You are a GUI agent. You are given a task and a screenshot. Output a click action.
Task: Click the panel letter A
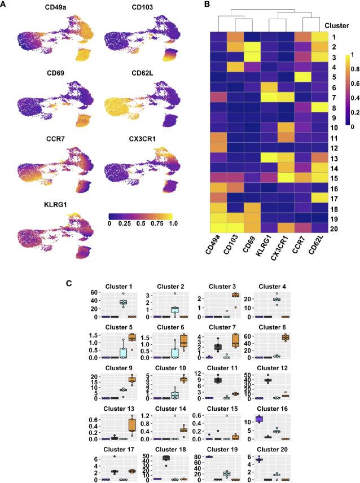click(5, 5)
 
